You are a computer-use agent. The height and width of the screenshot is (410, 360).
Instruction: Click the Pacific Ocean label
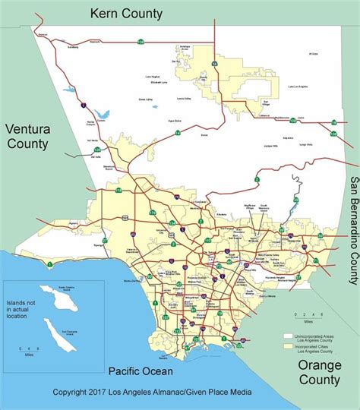point(140,371)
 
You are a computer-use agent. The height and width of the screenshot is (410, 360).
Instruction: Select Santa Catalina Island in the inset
point(43,292)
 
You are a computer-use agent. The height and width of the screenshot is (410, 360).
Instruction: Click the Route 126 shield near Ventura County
point(97,150)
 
